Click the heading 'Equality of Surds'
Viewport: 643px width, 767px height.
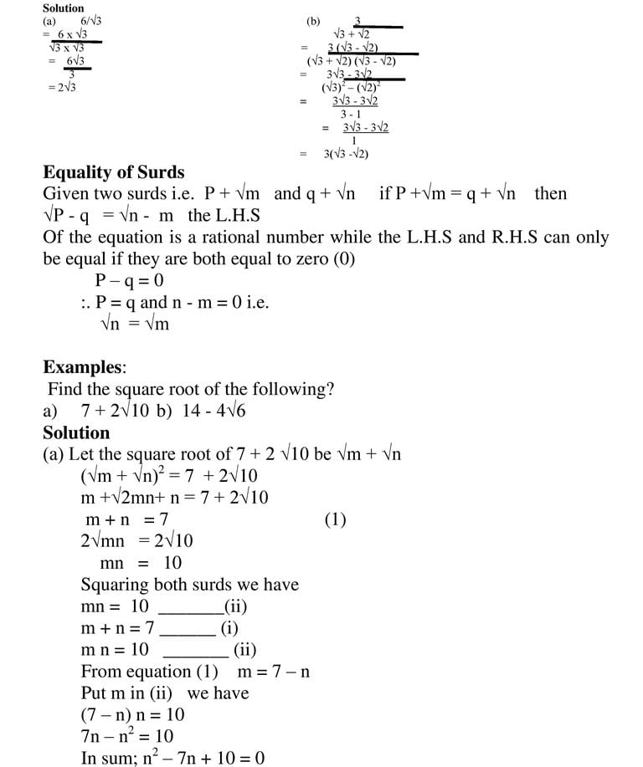[x=114, y=172]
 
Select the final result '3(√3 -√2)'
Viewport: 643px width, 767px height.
[x=346, y=154]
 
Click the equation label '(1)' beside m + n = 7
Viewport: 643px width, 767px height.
[x=335, y=519]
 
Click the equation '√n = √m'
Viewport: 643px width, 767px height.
[x=135, y=324]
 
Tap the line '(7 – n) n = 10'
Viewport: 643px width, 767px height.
[x=133, y=714]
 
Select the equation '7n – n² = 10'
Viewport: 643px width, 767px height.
[x=127, y=736]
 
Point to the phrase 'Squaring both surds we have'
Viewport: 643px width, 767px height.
[x=190, y=585]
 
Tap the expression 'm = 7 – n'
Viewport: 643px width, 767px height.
[x=274, y=671]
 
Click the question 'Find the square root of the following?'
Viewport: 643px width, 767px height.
[x=191, y=389]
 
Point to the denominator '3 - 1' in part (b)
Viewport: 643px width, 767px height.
[x=352, y=114]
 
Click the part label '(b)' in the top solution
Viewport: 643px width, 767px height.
[x=313, y=21]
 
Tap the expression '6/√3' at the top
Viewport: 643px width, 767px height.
[x=91, y=20]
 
